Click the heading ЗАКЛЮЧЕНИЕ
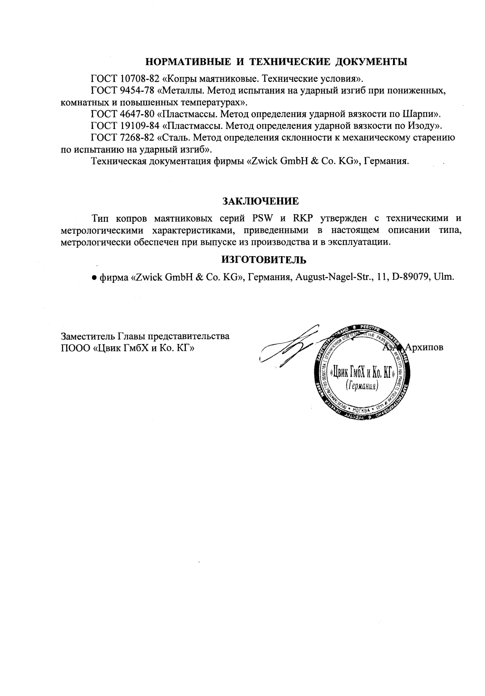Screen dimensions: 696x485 pyautogui.click(x=260, y=201)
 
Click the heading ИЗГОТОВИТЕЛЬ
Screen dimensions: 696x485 pyautogui.click(x=260, y=259)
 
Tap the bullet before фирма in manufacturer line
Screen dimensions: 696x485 pyautogui.click(x=94, y=278)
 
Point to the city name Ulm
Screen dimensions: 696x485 pyautogui.click(x=444, y=277)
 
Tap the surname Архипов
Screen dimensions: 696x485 pyautogui.click(x=424, y=347)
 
